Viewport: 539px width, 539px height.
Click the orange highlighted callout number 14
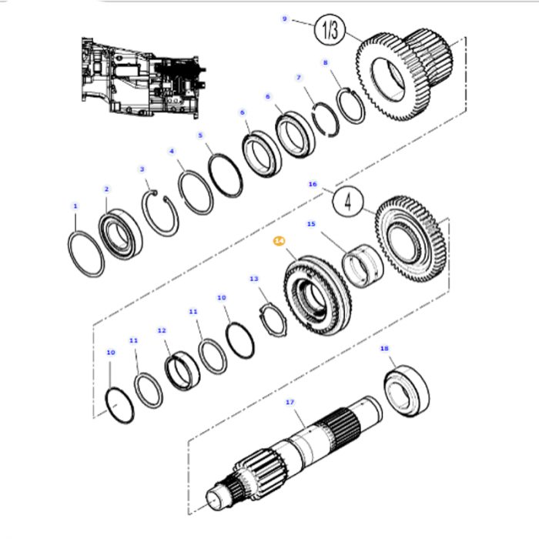(x=279, y=242)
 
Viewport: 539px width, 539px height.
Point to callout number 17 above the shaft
(x=290, y=402)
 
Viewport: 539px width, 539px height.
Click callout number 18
(x=384, y=349)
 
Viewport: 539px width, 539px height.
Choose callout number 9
(x=284, y=18)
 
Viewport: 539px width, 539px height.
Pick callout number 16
(x=312, y=185)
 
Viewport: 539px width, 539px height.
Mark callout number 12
(x=162, y=330)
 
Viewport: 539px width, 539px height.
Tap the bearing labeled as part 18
(x=406, y=391)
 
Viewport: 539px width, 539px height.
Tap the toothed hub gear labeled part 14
(x=318, y=297)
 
